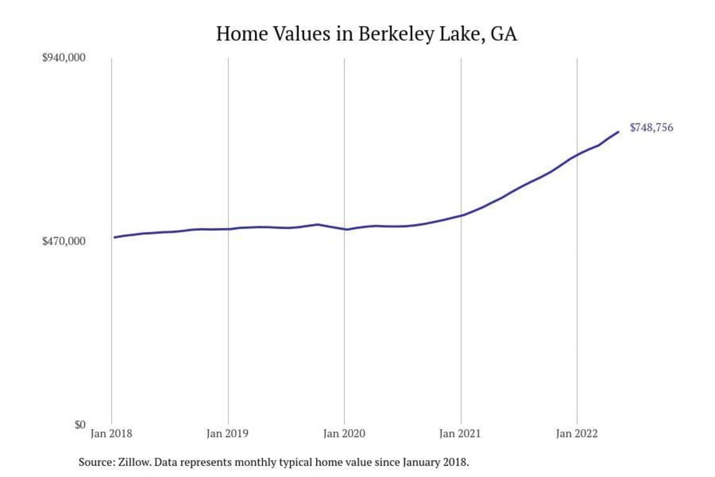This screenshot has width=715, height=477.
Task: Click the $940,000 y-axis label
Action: tap(64, 58)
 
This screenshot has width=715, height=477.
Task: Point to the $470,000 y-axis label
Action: tap(64, 241)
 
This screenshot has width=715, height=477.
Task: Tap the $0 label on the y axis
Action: tap(80, 425)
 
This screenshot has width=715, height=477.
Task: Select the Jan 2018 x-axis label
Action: tap(111, 434)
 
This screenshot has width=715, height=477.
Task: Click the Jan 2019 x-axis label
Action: tap(227, 434)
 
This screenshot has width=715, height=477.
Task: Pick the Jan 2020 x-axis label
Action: tap(344, 434)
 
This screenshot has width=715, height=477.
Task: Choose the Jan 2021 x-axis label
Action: tap(460, 434)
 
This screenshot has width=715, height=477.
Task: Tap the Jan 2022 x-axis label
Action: tap(576, 434)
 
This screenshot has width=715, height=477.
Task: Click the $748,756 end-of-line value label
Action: tap(651, 128)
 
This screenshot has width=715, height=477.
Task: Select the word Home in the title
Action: tap(242, 34)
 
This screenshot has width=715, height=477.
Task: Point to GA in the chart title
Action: tap(504, 34)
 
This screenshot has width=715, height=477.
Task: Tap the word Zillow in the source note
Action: tap(134, 463)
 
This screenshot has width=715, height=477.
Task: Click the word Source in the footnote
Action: tap(96, 463)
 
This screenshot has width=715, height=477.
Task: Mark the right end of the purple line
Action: tap(618, 132)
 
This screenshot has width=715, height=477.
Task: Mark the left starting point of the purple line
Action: tap(114, 238)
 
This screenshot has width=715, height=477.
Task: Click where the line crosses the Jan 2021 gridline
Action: tap(461, 216)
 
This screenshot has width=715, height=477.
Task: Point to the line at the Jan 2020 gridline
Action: tap(345, 229)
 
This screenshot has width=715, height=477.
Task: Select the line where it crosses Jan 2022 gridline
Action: tap(577, 155)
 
